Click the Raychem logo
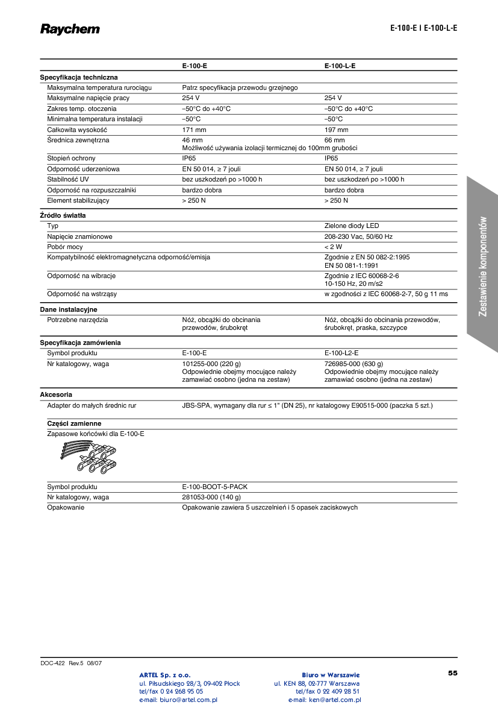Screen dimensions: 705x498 point(70,29)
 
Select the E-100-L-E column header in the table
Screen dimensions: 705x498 point(340,66)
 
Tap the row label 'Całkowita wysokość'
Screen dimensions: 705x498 point(77,130)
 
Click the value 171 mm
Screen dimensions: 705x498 point(194,130)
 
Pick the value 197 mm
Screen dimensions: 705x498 point(336,130)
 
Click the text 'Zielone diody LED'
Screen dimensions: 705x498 point(352,226)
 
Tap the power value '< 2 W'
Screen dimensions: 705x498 point(333,247)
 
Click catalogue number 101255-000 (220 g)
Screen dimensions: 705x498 point(211,364)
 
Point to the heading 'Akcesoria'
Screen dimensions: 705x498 point(56,394)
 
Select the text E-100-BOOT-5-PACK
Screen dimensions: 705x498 point(214,487)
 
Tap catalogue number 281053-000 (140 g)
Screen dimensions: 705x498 point(211,498)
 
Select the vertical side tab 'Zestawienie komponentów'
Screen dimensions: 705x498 point(483,266)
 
